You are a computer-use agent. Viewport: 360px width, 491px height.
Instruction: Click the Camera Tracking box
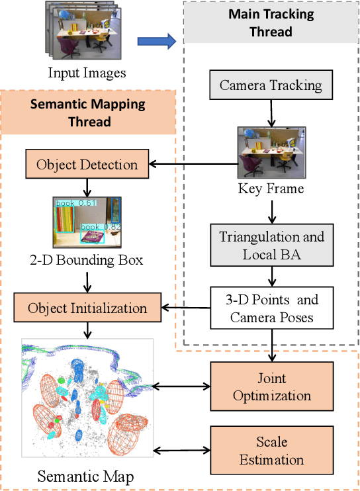point(271,85)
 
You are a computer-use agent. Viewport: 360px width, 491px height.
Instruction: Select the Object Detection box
point(87,165)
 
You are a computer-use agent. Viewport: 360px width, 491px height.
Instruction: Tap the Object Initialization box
point(87,308)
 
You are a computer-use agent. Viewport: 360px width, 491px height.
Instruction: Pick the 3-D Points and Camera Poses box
point(274,308)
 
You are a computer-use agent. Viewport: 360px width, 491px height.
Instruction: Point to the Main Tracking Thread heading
point(270,22)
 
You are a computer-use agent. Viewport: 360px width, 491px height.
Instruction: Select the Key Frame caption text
point(270,189)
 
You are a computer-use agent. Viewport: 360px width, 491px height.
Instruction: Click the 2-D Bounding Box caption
point(87,260)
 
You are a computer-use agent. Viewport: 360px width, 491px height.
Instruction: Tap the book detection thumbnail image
point(87,222)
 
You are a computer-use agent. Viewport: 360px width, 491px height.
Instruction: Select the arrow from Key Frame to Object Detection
point(192,165)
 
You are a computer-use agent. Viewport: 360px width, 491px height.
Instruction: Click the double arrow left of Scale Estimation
point(182,451)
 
